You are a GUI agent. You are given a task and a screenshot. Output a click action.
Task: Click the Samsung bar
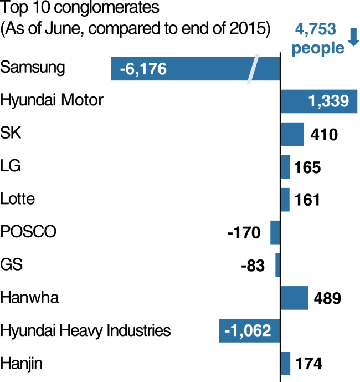[196, 68]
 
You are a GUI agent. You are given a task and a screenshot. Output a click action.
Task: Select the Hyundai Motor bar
[319, 101]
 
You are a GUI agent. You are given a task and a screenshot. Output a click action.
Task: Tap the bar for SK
[292, 134]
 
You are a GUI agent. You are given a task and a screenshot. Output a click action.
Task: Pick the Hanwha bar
[294, 298]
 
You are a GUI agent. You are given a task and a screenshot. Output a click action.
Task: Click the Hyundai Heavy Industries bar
[249, 330]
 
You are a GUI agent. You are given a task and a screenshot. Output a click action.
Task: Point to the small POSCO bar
[275, 232]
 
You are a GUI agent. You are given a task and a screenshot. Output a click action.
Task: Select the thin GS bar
[277, 265]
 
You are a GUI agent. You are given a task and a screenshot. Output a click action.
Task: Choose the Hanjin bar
[285, 364]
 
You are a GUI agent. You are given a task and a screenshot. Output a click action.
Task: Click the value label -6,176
[143, 69]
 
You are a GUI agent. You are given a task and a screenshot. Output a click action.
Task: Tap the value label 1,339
[328, 101]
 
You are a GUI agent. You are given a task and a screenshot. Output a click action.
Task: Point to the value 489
[327, 298]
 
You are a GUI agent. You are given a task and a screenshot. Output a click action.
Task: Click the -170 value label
[244, 233]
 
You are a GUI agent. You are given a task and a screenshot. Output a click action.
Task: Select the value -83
[253, 266]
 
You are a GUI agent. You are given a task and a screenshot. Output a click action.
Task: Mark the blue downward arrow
[353, 37]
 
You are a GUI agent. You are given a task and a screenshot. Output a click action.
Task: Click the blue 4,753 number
[316, 29]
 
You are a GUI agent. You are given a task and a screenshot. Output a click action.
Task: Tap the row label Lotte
[18, 198]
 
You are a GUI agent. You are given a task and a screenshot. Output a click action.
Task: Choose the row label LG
[11, 166]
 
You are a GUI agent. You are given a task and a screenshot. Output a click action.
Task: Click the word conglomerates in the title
[106, 8]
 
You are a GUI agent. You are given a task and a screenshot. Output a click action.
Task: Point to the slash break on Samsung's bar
[253, 69]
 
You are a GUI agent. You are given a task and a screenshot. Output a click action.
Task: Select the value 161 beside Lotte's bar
[307, 200]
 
